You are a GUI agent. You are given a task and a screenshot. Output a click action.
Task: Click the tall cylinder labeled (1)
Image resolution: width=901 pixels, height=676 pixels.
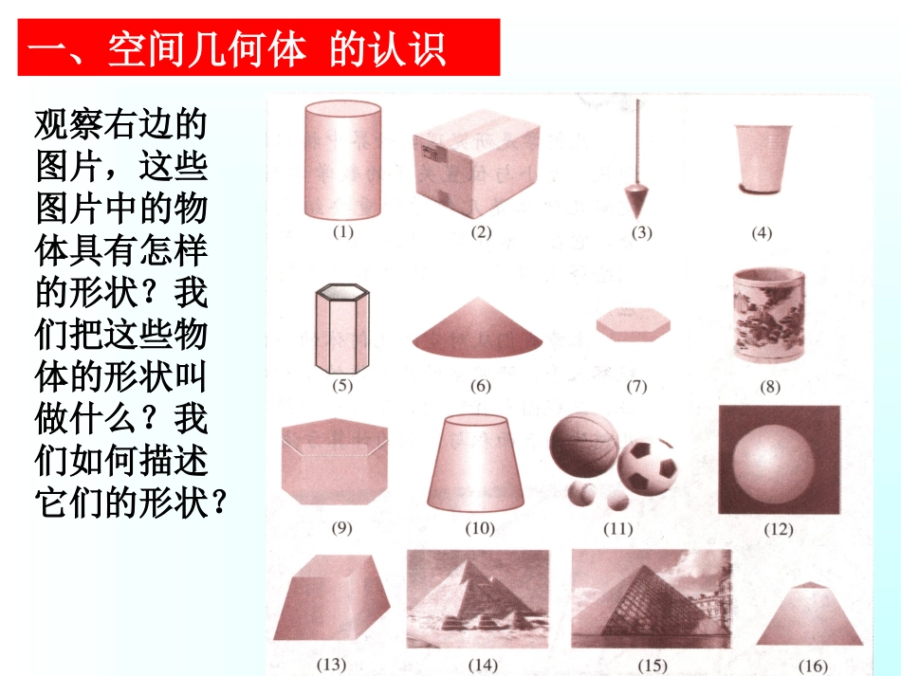click(342, 159)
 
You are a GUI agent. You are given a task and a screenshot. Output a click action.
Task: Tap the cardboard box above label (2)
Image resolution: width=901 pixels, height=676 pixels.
click(476, 164)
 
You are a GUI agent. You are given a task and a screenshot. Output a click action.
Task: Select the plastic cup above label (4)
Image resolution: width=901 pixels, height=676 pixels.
click(763, 159)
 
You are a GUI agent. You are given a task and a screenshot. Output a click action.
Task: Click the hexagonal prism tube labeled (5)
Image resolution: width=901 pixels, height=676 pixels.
click(342, 329)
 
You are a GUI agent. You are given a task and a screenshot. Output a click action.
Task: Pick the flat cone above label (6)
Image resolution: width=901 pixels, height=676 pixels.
click(477, 326)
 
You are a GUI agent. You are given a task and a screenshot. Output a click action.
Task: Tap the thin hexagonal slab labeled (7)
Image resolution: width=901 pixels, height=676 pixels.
click(634, 324)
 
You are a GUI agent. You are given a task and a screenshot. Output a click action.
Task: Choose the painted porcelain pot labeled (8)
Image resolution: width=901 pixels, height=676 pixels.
click(769, 316)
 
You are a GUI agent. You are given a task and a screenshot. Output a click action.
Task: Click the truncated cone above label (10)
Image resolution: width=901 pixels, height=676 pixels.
click(475, 463)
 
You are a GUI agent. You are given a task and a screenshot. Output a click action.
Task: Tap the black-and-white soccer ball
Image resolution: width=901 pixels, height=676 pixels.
click(647, 466)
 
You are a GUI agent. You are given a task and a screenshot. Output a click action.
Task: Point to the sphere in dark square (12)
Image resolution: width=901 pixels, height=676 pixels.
click(771, 464)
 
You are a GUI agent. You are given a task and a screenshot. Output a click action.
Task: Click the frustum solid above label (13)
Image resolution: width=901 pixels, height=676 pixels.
click(332, 597)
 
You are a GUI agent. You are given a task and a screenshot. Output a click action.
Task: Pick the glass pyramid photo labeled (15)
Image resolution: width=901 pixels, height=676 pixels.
click(652, 598)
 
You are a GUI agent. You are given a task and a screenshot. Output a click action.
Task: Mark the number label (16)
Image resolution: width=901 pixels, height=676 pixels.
click(813, 667)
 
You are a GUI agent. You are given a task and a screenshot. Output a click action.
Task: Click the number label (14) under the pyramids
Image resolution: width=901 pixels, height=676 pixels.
click(483, 665)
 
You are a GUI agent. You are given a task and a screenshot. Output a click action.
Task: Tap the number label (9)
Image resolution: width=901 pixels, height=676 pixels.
click(341, 528)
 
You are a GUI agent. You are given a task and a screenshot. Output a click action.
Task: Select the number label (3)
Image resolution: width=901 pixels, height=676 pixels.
click(641, 232)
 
